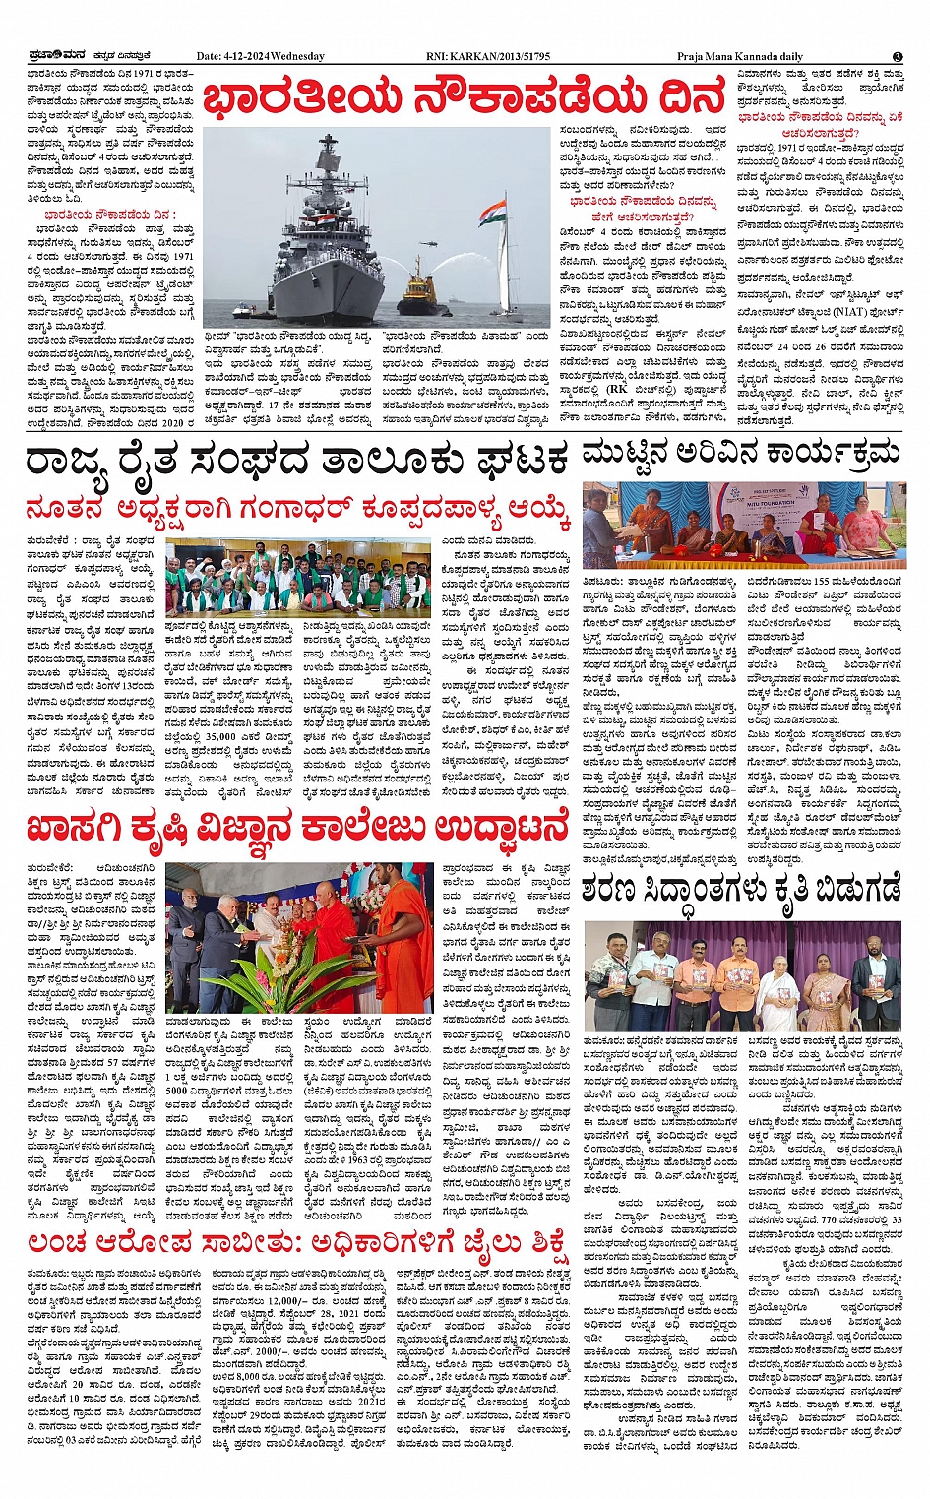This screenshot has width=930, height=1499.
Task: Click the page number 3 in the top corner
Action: point(898,56)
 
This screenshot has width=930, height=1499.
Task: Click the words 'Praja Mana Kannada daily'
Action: point(739,56)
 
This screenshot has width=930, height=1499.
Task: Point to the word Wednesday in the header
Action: point(297,56)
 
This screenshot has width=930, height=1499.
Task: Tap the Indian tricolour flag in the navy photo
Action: point(493,211)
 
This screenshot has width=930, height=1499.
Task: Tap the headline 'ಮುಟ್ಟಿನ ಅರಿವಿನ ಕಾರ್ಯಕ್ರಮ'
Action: point(740,453)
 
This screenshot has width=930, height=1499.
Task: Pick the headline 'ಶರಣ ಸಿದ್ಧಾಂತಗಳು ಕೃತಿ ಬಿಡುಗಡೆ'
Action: point(740,892)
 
